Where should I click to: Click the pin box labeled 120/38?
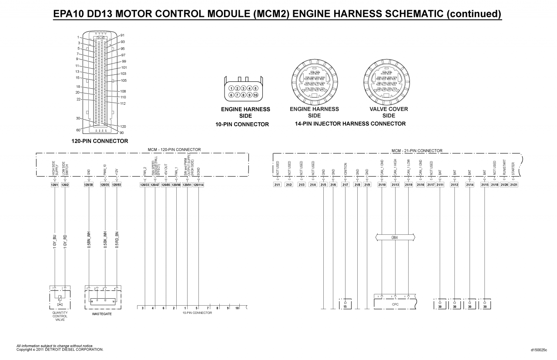coord(88,185)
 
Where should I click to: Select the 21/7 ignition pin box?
coord(345,185)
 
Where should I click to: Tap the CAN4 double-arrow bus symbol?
coord(395,237)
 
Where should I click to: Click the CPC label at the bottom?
coord(395,304)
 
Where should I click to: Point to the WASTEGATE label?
coord(102,313)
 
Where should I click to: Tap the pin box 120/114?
coord(198,185)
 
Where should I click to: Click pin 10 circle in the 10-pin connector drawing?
coord(255,95)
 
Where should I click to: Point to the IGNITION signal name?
coord(346,169)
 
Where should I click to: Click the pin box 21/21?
coord(513,185)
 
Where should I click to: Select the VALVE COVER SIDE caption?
coord(389,112)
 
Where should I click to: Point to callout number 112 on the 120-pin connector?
coord(123,103)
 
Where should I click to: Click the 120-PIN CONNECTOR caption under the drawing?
coord(100,141)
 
